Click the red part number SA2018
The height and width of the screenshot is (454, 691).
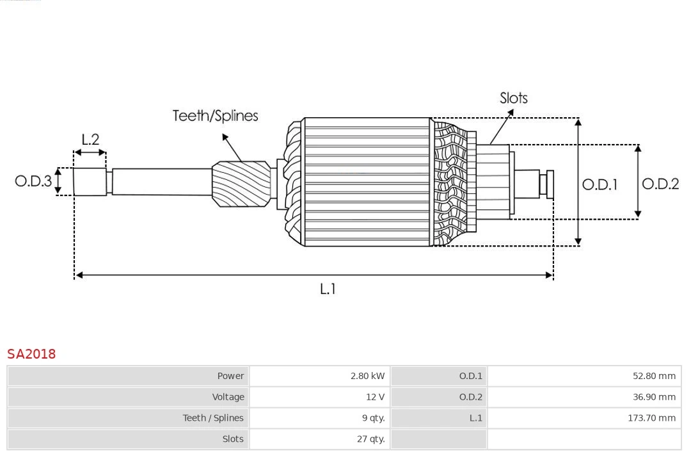click(x=31, y=353)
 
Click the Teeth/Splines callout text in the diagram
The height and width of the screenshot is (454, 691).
click(x=215, y=116)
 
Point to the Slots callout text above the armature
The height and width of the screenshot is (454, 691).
click(x=513, y=98)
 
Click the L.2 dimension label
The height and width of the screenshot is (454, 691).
click(x=90, y=139)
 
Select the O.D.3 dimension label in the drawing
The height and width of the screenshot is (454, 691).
click(x=33, y=181)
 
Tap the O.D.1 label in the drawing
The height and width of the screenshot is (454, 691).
click(x=600, y=184)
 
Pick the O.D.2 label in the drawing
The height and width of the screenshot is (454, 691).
click(x=660, y=184)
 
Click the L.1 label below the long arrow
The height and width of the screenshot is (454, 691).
click(x=328, y=289)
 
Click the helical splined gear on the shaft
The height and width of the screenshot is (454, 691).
click(x=242, y=183)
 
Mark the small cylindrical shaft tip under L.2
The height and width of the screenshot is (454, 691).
click(x=90, y=181)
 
